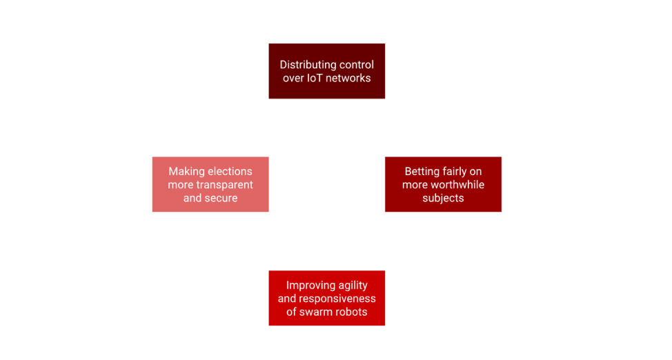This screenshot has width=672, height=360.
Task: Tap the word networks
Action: tap(350, 78)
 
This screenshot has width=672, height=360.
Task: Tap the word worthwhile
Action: tap(457, 185)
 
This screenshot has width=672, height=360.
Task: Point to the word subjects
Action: tap(443, 198)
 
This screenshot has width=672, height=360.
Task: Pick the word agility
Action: tap(353, 286)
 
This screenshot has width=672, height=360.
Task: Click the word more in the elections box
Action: tap(181, 185)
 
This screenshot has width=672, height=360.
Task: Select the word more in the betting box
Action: tap(415, 185)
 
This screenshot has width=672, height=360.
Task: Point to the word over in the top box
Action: tap(293, 78)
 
